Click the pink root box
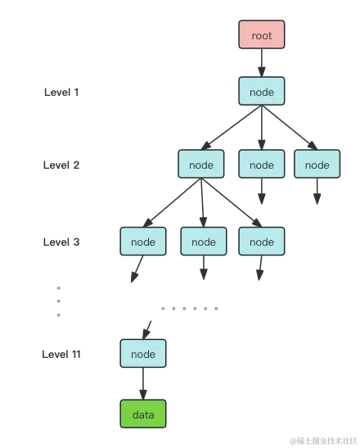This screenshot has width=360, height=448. click(x=262, y=36)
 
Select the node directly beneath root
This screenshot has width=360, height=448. click(x=262, y=93)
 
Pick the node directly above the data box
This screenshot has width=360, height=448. click(x=143, y=355)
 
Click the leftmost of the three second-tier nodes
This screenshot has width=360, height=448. click(x=201, y=165)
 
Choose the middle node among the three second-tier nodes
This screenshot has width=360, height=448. click(x=262, y=165)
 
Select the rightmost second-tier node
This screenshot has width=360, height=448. click(x=317, y=165)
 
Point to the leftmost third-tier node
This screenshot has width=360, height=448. click(x=143, y=242)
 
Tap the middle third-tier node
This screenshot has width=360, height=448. click(x=203, y=242)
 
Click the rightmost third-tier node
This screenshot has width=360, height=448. click(x=262, y=242)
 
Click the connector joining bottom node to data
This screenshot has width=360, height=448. click(x=143, y=383)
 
